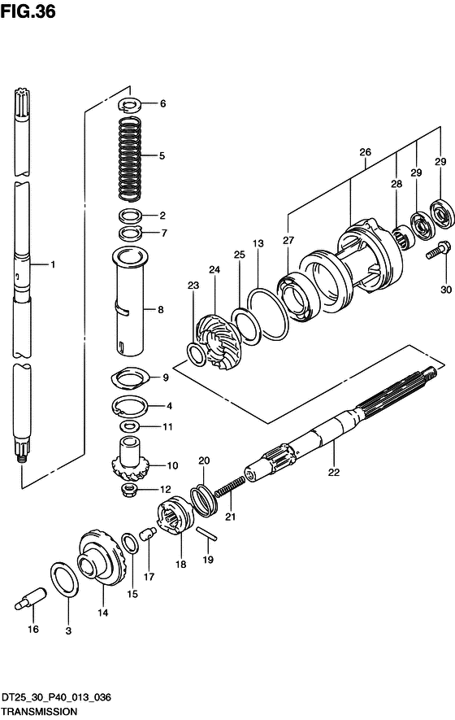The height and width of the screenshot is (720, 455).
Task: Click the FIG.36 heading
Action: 28,11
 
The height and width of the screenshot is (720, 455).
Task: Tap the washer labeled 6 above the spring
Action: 130,105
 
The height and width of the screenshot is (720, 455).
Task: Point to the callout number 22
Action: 334,472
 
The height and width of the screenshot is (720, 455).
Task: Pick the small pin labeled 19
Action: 207,533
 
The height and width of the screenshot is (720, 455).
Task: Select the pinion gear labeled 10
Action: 130,459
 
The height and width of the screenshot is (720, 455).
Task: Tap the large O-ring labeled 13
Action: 268,315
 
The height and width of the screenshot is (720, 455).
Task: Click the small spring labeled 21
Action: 230,487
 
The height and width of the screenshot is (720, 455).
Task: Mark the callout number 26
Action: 365,152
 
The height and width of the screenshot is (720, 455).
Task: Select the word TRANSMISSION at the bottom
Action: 38,711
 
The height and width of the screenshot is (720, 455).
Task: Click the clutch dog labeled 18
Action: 175,515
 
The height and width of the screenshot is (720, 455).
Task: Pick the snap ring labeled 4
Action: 130,405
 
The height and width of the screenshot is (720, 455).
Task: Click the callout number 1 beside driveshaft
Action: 53,264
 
